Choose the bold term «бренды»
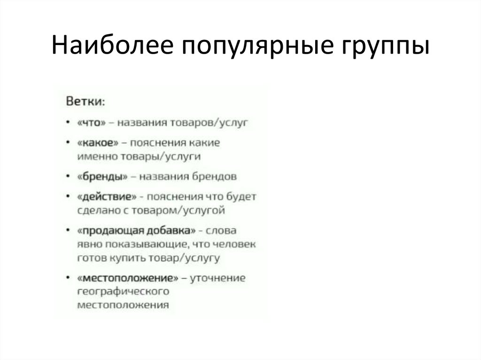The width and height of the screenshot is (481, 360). [102, 176]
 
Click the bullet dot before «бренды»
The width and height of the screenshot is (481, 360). [69, 177]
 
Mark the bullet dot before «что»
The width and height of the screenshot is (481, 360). [69, 123]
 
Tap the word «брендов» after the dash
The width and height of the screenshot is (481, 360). [214, 176]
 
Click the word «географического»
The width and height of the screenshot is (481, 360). [123, 291]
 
